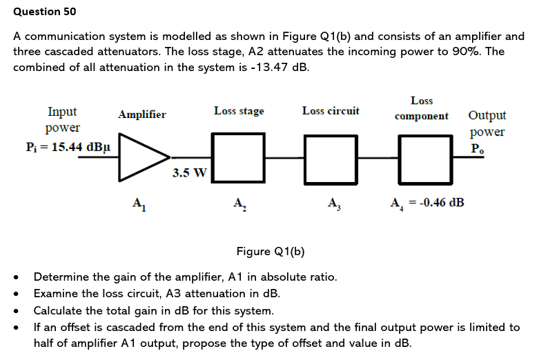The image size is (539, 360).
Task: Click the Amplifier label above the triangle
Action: click(142, 114)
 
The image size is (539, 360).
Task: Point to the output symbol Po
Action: click(478, 148)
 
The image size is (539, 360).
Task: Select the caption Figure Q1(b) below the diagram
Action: click(270, 251)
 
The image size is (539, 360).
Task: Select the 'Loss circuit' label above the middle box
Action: click(331, 111)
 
